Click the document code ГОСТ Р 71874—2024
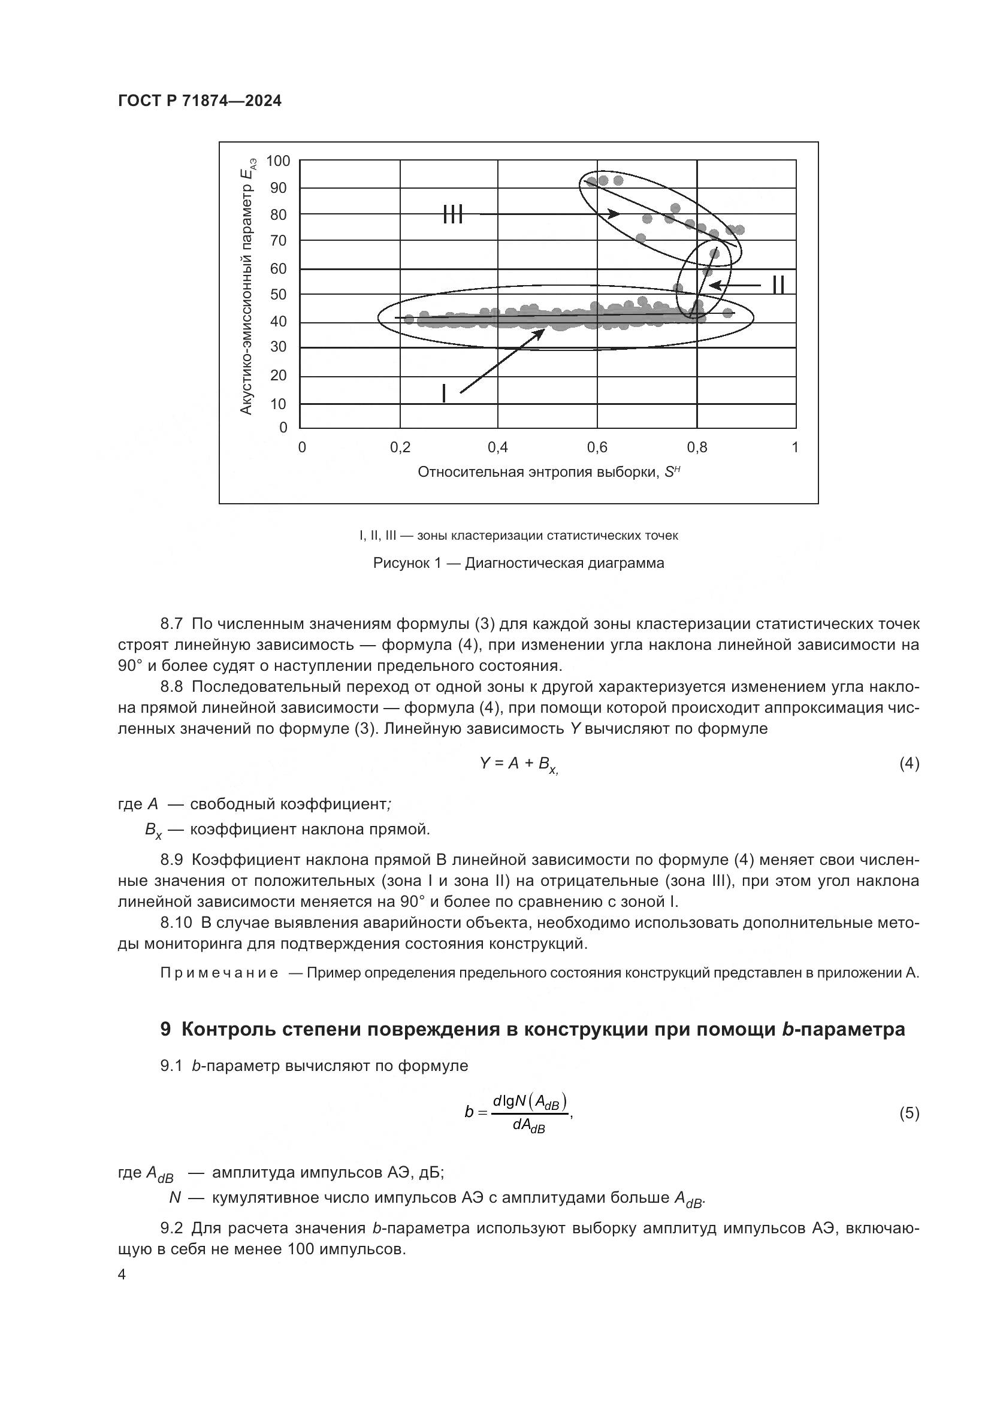(x=200, y=101)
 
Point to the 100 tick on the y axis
(x=278, y=161)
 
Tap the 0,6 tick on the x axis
(x=597, y=448)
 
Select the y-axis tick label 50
(x=278, y=295)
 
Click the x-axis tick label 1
(x=794, y=448)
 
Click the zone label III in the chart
(x=453, y=214)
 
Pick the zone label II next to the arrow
(x=778, y=285)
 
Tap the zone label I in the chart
(x=443, y=394)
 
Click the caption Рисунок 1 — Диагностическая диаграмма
(x=518, y=563)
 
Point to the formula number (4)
(x=909, y=763)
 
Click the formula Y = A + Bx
(x=518, y=764)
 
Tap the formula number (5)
(x=909, y=1113)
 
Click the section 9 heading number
(x=165, y=1030)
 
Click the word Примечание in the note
(x=219, y=973)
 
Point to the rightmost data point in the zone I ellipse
(x=727, y=313)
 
